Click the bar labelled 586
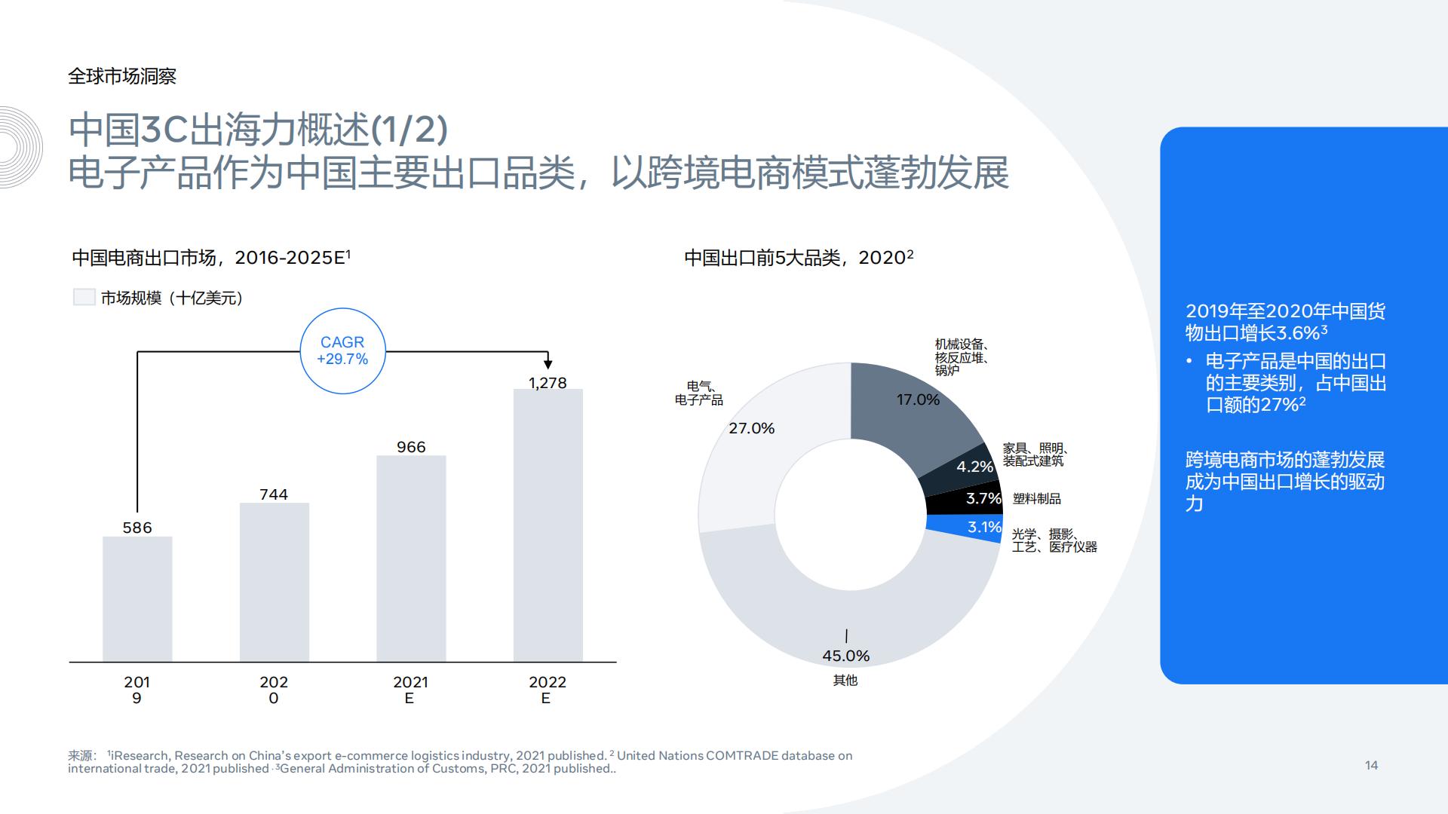pos(137,599)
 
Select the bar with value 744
pos(274,582)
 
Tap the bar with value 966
pos(411,558)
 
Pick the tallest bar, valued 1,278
pos(548,525)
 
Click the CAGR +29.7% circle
pos(343,351)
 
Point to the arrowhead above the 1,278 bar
pos(548,364)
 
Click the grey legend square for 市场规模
pos(84,298)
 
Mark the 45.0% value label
pos(846,656)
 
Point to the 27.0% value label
pos(752,429)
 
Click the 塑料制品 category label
pos(1037,499)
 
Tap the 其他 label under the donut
pos(845,681)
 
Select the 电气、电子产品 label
pos(699,393)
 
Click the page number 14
pos(1371,766)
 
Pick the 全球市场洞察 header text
pos(122,76)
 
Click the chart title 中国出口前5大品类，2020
pos(798,258)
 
